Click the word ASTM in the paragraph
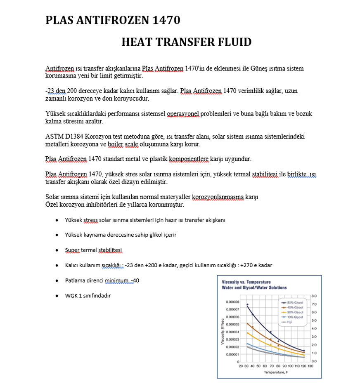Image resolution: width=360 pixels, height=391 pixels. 53,137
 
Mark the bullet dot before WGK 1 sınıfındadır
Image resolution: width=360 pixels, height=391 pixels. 57,296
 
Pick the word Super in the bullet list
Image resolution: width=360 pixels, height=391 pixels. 72,250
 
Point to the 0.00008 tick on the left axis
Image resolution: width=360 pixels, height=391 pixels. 232,301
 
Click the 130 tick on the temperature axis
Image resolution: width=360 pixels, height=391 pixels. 311,366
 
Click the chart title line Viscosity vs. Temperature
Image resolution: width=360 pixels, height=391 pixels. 246,281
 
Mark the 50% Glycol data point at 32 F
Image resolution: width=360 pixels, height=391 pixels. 248,304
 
